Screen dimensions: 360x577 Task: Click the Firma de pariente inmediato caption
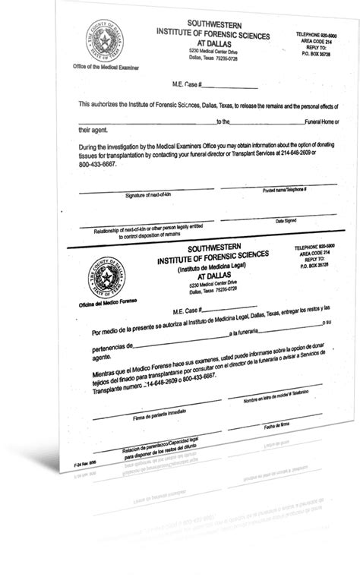coord(138,418)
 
